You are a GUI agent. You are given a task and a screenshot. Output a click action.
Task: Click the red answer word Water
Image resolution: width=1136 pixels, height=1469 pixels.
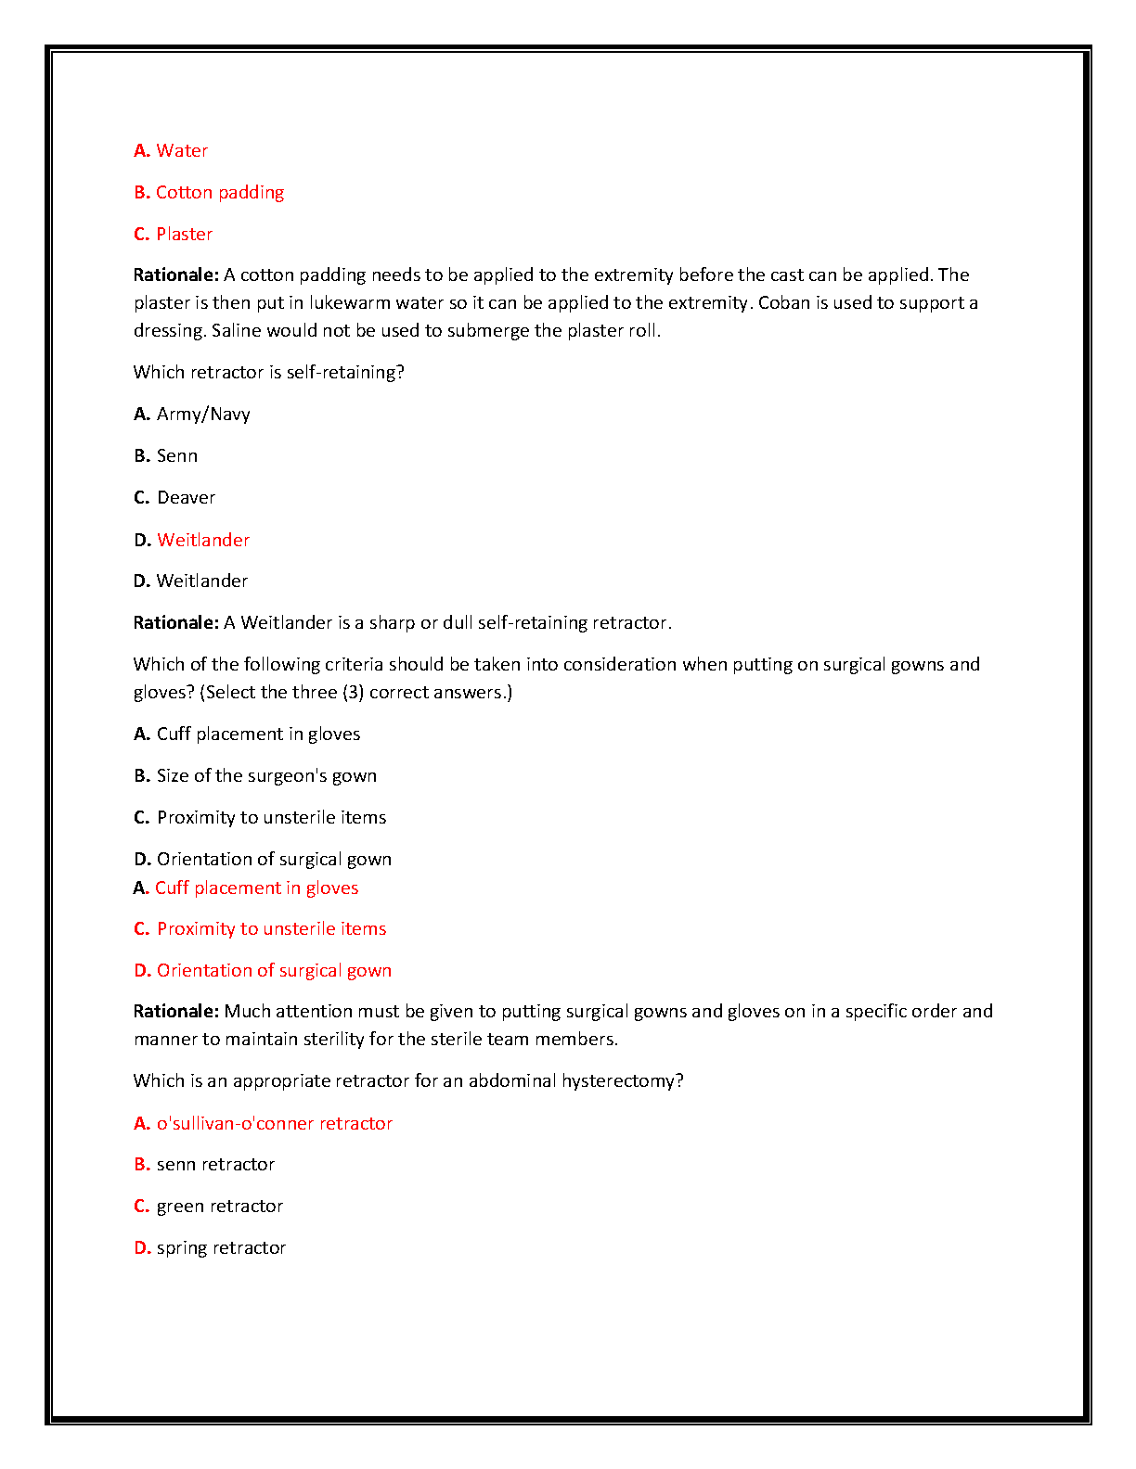(x=182, y=150)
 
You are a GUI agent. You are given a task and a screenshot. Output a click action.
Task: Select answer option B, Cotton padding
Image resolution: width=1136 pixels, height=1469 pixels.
(x=220, y=192)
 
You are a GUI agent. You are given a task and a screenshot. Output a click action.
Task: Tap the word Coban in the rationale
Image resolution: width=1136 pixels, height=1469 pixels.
(x=784, y=302)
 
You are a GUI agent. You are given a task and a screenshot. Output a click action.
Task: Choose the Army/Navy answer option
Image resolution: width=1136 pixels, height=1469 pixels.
(x=203, y=414)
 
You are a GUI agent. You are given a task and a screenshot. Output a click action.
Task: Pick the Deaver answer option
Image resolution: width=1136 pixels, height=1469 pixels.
(x=186, y=497)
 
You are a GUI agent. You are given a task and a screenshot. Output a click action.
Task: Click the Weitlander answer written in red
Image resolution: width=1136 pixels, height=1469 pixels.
(x=203, y=540)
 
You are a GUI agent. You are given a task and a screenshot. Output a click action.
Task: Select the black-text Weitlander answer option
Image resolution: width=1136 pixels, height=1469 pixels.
(x=202, y=581)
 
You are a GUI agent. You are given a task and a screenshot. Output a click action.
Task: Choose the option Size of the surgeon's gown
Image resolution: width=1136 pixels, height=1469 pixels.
(x=266, y=775)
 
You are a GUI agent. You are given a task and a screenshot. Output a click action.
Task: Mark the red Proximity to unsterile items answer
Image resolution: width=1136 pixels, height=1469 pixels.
(x=271, y=928)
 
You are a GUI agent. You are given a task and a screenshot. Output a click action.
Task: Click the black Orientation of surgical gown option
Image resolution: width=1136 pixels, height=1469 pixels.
(x=274, y=859)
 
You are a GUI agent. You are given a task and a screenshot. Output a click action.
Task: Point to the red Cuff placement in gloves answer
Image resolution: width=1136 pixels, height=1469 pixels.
(x=256, y=888)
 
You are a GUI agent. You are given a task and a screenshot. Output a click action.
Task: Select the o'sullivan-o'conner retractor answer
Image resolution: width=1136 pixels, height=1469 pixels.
(x=274, y=1123)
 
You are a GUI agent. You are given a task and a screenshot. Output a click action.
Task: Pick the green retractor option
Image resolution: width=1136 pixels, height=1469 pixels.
(x=220, y=1206)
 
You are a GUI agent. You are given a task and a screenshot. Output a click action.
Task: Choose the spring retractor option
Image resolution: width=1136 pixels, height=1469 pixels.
(x=221, y=1247)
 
